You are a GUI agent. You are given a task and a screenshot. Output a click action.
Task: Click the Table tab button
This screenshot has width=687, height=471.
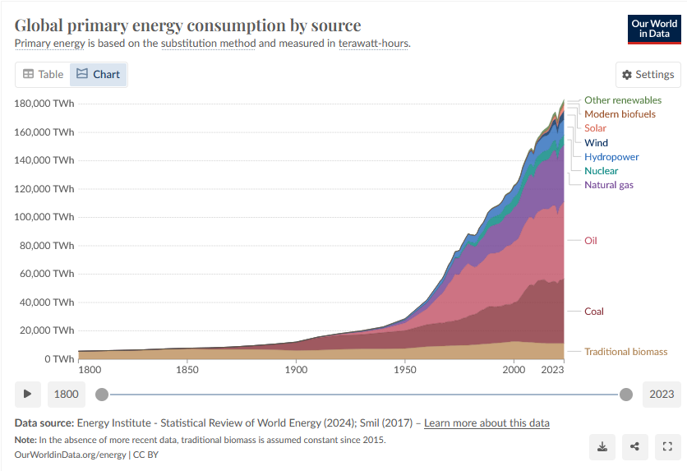pos(43,74)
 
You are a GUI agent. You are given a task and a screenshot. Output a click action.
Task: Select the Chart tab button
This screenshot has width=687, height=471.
pos(98,74)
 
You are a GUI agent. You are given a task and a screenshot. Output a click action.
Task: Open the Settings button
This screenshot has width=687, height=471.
pos(648,74)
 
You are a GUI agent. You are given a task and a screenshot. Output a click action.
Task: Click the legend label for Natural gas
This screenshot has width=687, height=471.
pos(608,185)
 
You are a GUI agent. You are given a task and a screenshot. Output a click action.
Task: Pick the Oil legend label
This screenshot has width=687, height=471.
pos(590,241)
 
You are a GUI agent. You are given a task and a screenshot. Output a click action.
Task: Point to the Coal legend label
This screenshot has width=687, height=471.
pos(593,312)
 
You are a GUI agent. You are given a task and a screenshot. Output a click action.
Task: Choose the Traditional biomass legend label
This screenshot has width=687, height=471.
pos(625,352)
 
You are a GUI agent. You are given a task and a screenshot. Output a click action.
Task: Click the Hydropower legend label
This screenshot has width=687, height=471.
pos(611,157)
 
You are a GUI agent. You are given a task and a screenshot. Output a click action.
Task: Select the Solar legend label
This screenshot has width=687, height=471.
pos(595,128)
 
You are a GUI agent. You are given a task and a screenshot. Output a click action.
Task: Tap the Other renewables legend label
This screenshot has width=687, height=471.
pos(622,100)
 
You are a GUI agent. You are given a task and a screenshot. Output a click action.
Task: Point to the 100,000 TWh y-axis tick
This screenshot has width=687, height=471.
pos(44,217)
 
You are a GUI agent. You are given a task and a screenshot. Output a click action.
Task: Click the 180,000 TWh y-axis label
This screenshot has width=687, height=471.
pos(44,104)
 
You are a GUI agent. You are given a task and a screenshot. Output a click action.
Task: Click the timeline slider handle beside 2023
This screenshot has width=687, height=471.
pos(626,395)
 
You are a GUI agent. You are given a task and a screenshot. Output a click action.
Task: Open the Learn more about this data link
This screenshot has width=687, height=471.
pos(486,423)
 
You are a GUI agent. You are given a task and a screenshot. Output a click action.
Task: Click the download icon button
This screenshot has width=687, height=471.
pos(602,446)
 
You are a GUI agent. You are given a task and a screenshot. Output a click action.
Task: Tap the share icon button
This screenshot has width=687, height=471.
pos(634,446)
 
